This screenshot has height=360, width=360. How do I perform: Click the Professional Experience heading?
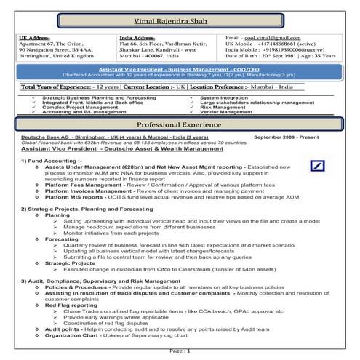[180, 125]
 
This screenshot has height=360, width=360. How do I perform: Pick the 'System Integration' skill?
[227, 97]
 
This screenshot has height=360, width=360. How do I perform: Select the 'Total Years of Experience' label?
[57, 87]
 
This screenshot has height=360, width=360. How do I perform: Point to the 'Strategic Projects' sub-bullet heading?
[71, 262]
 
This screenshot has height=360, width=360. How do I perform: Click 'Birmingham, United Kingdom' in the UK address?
[47, 56]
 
